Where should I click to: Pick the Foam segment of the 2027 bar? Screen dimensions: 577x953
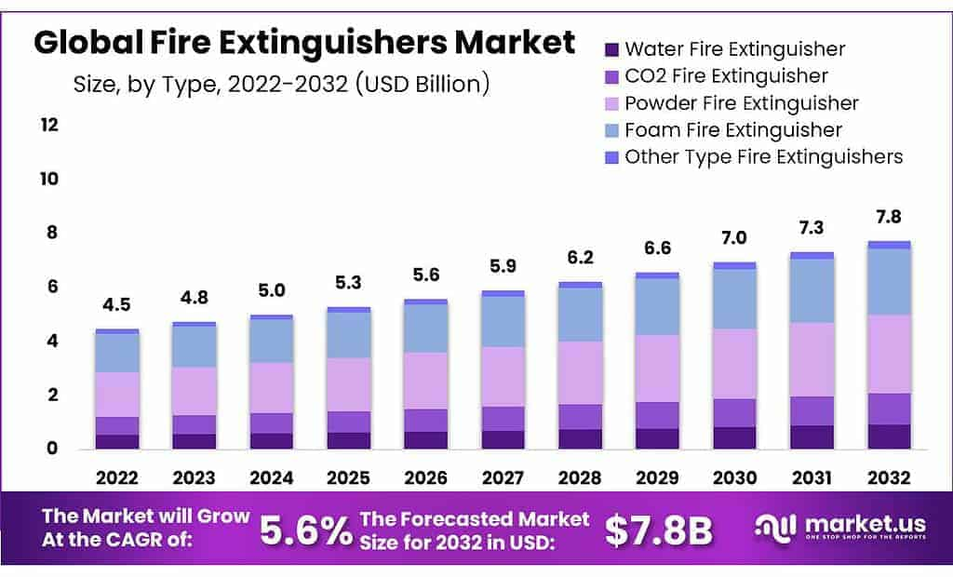(502, 321)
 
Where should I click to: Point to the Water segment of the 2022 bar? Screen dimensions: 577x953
(116, 441)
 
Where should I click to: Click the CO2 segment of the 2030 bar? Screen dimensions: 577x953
(733, 412)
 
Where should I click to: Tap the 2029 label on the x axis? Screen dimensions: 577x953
(656, 477)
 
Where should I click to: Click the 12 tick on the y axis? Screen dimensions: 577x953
(48, 125)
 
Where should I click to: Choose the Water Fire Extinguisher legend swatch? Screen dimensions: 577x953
(611, 49)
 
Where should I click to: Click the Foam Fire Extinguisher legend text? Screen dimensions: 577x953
(733, 129)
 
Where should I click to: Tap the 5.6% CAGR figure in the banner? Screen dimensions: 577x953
(306, 530)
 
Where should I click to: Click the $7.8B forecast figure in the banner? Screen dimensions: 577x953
(658, 530)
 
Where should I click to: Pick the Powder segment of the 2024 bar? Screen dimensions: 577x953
(271, 387)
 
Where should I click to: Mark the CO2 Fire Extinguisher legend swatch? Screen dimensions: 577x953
(611, 76)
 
